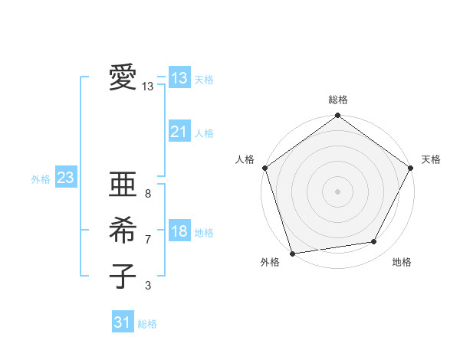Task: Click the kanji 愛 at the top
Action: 123,78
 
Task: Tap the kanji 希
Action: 123,230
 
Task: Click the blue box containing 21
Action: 179,132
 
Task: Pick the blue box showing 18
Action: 179,232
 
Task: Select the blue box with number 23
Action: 65,178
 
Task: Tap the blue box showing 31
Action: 122,322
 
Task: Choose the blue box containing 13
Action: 179,78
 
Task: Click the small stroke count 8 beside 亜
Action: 148,194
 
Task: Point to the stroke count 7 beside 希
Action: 148,240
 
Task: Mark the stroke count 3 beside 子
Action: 148,286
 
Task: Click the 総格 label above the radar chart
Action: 338,100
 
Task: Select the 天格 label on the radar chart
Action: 432,159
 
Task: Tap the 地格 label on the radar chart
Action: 402,262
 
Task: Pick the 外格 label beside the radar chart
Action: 270,262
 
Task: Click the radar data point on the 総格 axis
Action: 337,116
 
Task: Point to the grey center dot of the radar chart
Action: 337,191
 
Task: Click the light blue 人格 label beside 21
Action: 204,133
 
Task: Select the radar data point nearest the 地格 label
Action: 374,242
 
